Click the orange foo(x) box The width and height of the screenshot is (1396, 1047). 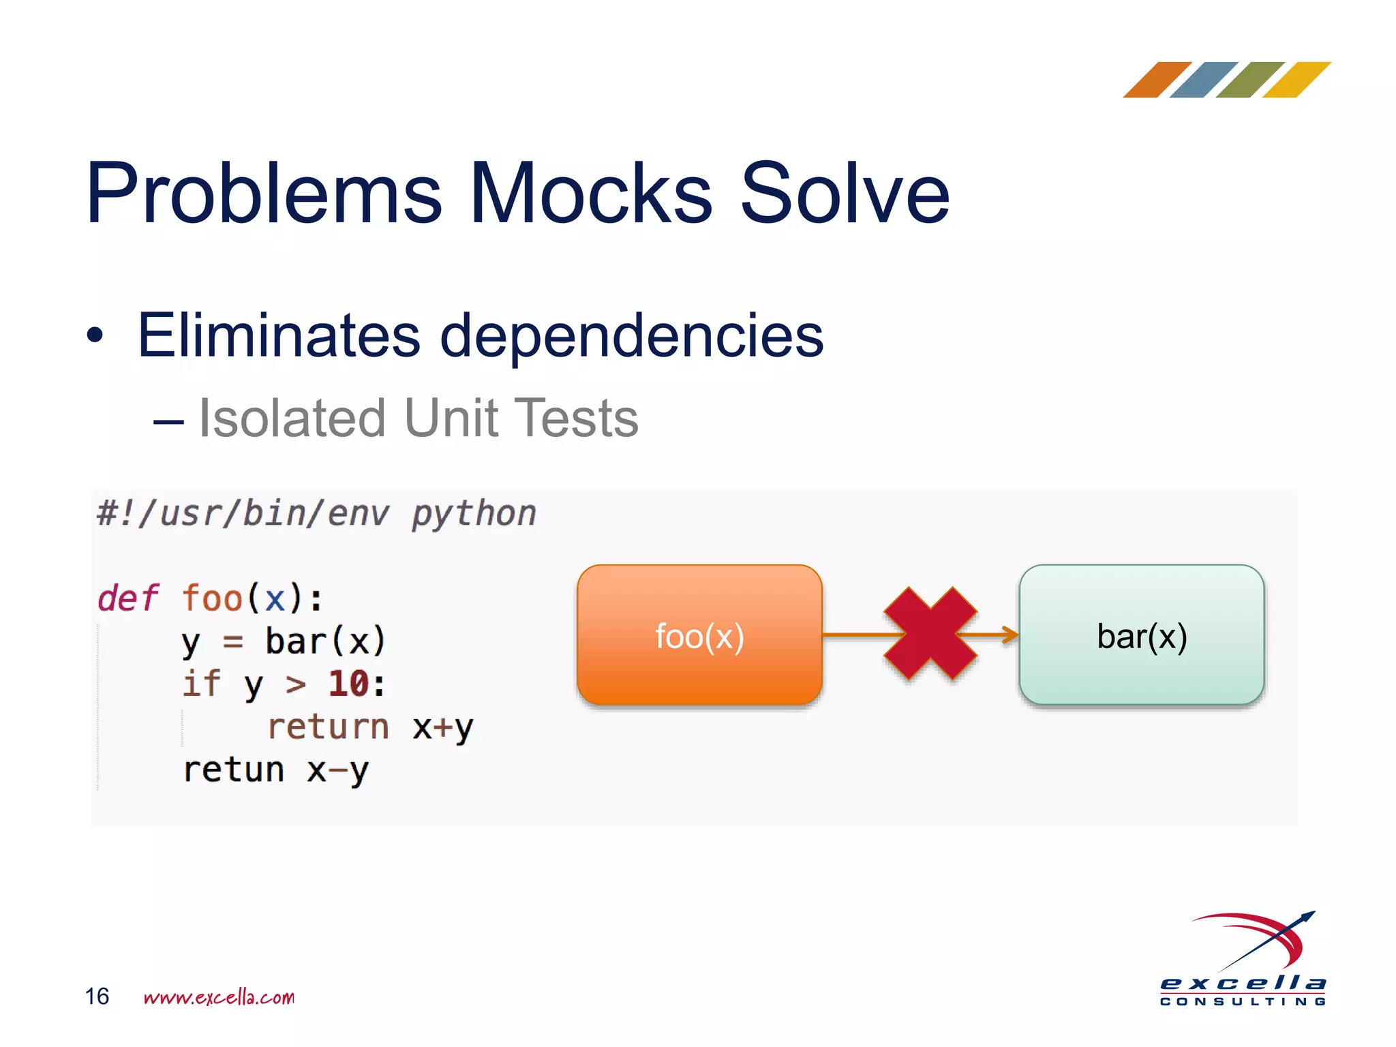pyautogui.click(x=699, y=635)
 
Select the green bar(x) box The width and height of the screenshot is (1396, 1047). pyautogui.click(x=1142, y=635)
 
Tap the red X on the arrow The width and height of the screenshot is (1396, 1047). pyautogui.click(x=930, y=634)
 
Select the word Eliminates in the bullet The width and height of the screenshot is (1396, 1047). pyautogui.click(x=279, y=335)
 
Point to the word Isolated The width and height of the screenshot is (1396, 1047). pyautogui.click(x=292, y=418)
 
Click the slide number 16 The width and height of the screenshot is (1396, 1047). pyautogui.click(x=97, y=996)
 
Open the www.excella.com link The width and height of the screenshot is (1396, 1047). pyautogui.click(x=219, y=997)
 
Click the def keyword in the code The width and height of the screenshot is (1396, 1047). pyautogui.click(x=127, y=598)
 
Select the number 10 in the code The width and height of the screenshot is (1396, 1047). pyautogui.click(x=349, y=684)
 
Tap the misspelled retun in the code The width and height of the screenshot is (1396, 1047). pyautogui.click(x=234, y=770)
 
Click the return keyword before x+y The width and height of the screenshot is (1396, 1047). pyautogui.click(x=328, y=727)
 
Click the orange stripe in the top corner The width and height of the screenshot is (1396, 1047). pyautogui.click(x=1156, y=80)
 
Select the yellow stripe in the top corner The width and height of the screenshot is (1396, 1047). pyautogui.click(x=1296, y=80)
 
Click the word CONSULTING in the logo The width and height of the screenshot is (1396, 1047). pyautogui.click(x=1243, y=1001)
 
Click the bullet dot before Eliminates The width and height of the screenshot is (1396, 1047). pyautogui.click(x=95, y=335)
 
